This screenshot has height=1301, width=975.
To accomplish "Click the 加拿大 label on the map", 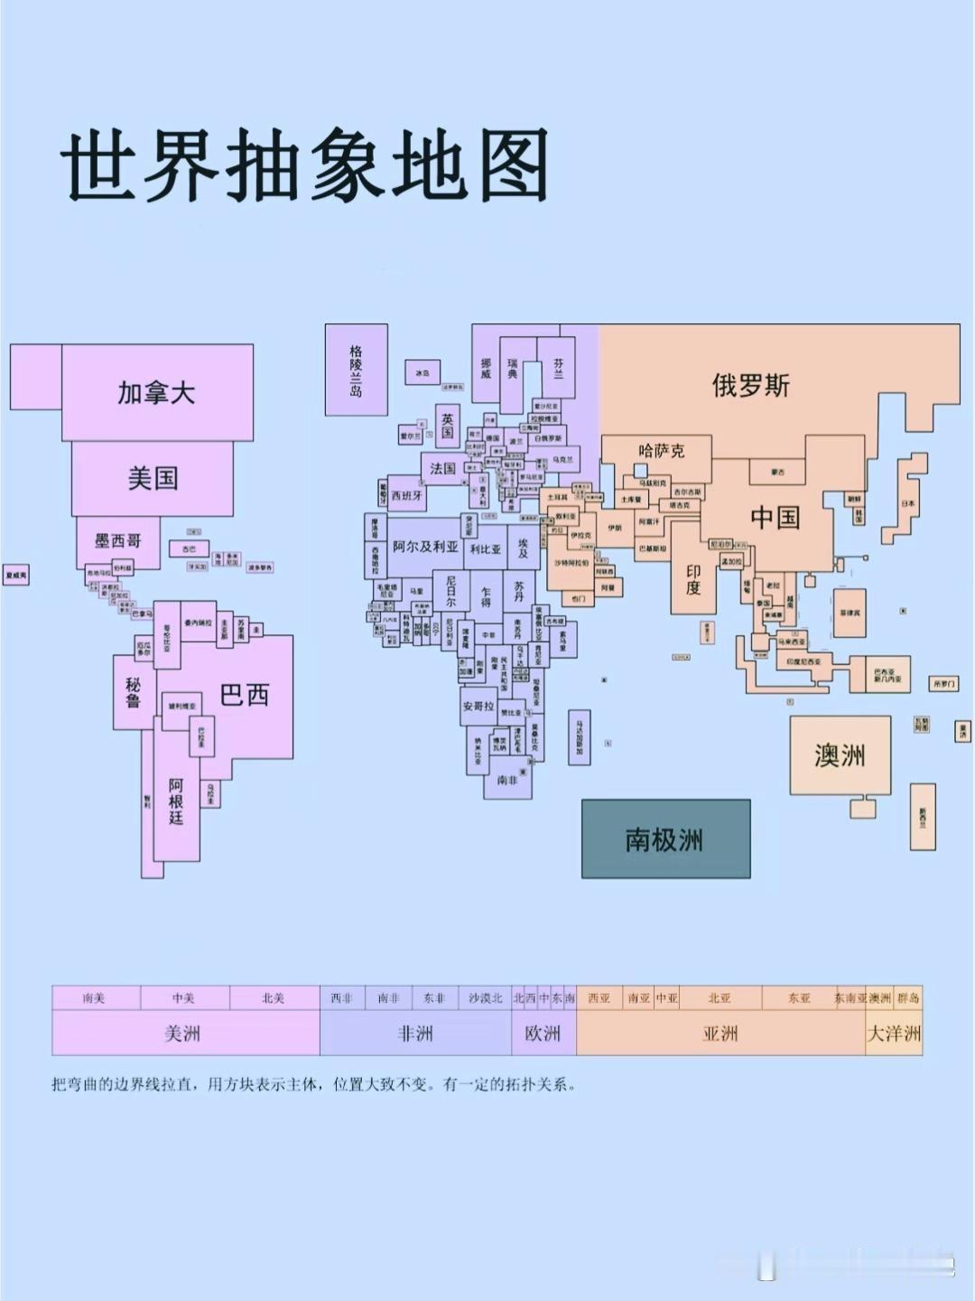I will click(x=156, y=393).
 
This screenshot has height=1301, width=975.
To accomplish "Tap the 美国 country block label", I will click(x=153, y=478).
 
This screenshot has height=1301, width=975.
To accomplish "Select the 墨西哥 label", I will click(x=118, y=541).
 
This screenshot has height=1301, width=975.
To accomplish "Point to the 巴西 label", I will click(x=245, y=695).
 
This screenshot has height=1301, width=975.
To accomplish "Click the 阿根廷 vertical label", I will click(x=176, y=801).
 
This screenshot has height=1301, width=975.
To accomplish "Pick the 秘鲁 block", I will click(x=134, y=692).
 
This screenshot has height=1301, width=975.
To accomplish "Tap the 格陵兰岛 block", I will click(x=356, y=370).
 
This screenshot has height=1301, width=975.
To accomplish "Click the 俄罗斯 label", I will click(x=750, y=386).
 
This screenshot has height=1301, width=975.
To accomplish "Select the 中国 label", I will click(x=775, y=518).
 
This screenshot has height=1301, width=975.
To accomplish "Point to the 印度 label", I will click(x=692, y=580).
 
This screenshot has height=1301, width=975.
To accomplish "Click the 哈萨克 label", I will click(x=662, y=450).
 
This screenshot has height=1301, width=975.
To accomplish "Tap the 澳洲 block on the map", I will click(x=840, y=755).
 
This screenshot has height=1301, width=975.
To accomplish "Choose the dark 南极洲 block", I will click(x=664, y=839).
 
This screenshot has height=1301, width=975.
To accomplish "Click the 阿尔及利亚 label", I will click(x=425, y=547).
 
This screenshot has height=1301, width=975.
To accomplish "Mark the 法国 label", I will click(x=442, y=468).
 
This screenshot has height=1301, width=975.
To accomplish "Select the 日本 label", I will click(x=907, y=503).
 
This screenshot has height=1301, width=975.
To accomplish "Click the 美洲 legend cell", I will click(x=183, y=1034).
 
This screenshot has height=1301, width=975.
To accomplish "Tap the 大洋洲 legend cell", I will click(x=894, y=1034).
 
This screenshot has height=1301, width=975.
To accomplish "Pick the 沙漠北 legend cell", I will click(x=485, y=998).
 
